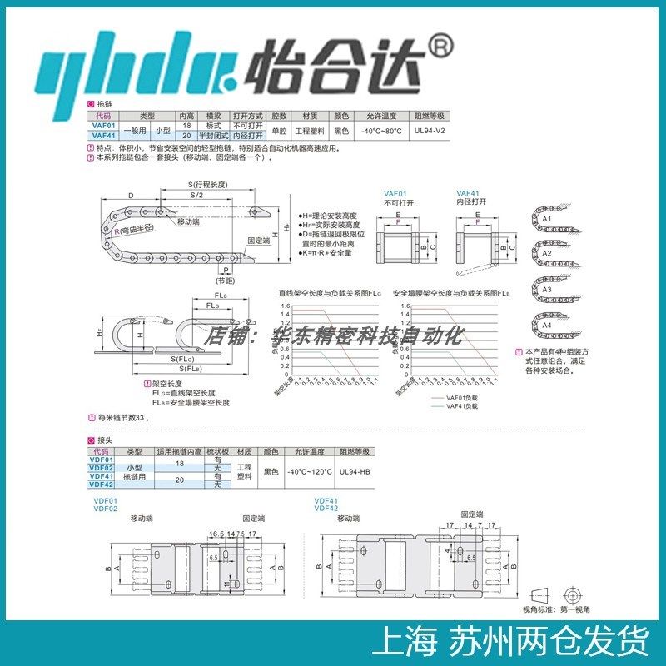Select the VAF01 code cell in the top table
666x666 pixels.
click(103, 126)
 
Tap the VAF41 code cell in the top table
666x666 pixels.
click(103, 135)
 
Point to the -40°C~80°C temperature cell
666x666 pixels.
click(382, 131)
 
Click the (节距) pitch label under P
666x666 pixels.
click(224, 281)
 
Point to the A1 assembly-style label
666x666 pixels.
click(547, 218)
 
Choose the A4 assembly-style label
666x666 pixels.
click(547, 325)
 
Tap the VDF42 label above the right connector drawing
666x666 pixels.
click(326, 508)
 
